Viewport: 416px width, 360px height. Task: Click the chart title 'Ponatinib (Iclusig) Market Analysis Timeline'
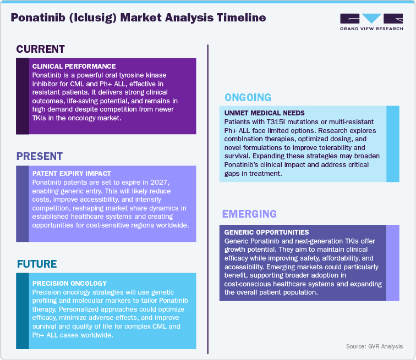pos(138,18)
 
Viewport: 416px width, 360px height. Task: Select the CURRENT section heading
pos(40,49)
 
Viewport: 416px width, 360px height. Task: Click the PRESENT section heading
pos(39,156)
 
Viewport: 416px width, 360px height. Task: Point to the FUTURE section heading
pos(37,264)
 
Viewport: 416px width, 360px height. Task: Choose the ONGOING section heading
pos(248,97)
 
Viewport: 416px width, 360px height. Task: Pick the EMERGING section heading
pos(249,214)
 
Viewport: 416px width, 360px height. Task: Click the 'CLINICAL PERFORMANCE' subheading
pos(74,66)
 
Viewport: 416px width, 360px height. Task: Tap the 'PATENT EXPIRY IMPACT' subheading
pos(72,174)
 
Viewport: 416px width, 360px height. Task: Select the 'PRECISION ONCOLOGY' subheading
pos(69,284)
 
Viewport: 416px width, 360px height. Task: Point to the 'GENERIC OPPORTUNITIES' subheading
pos(267,232)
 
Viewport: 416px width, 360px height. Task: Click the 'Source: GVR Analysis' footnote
pos(374,346)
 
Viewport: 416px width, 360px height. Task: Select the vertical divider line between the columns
pos(208,198)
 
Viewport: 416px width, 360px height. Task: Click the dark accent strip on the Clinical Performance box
pos(23,96)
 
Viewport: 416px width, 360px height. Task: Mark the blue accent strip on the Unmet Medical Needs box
pos(393,143)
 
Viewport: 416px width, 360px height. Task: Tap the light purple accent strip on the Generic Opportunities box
pos(393,263)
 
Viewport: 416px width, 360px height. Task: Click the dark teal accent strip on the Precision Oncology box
pos(23,311)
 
